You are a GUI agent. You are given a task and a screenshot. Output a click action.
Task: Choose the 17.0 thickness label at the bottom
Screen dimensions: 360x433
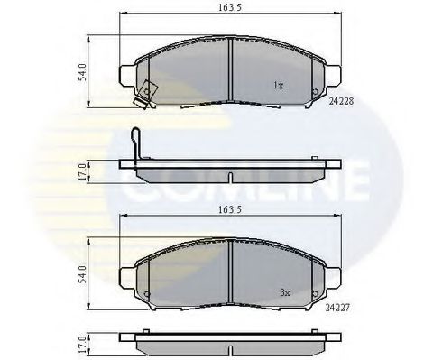point(82,344)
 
